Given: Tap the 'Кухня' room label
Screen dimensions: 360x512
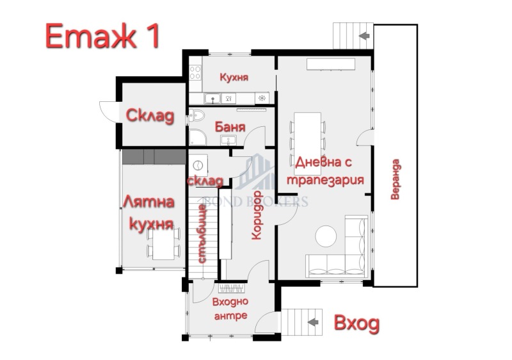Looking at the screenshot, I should [234, 78].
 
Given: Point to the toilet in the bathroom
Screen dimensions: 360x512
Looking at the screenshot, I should [196, 116].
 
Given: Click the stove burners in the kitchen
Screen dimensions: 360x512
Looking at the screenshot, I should [261, 97].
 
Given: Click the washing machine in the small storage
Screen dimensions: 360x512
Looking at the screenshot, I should [199, 163].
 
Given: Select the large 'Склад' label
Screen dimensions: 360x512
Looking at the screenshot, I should [149, 117].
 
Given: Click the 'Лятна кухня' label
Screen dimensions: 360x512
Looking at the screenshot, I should [149, 213].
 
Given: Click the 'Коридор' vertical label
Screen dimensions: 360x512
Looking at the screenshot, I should [257, 215].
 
